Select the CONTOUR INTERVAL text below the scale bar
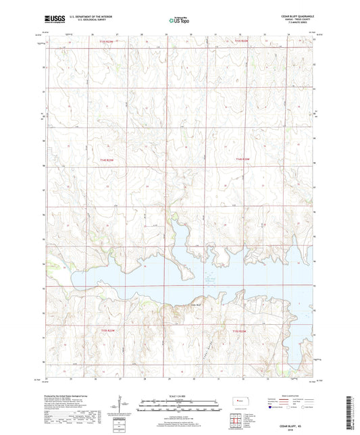point(179,413)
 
